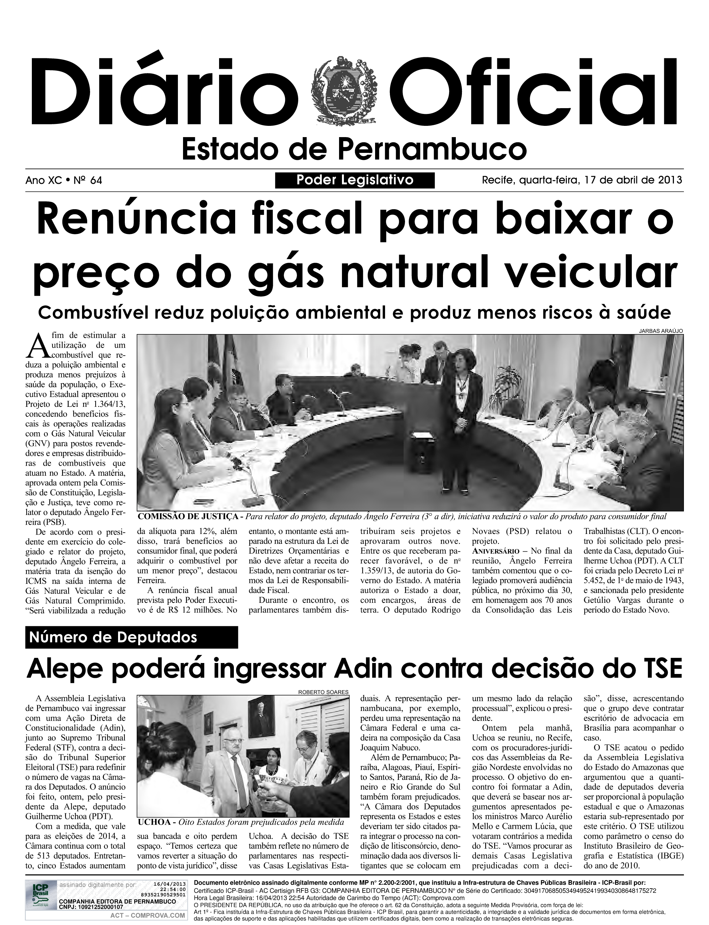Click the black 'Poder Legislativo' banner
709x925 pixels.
(354, 180)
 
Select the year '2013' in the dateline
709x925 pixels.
(670, 180)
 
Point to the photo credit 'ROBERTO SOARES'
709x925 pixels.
(323, 692)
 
